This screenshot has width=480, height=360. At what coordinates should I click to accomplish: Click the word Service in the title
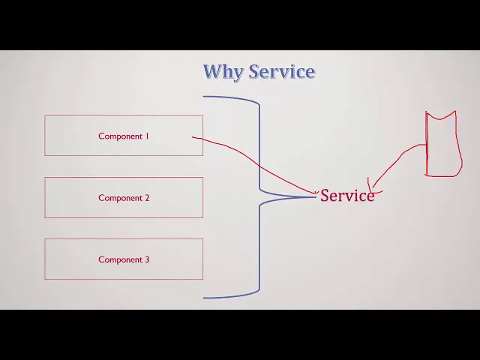click(x=282, y=71)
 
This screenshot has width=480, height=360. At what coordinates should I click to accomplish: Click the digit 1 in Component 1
click(x=147, y=136)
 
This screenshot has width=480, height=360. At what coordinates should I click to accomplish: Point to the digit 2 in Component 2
click(x=147, y=198)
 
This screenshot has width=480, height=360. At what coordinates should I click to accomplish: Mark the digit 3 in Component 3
click(x=147, y=259)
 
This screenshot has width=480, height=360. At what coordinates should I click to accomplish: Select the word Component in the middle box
click(x=120, y=198)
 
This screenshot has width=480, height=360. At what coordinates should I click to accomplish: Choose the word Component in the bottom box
click(x=120, y=260)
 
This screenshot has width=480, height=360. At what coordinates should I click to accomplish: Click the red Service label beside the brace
click(x=347, y=195)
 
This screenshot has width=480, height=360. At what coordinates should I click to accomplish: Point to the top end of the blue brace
click(x=203, y=97)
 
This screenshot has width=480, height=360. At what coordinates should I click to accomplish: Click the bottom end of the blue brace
click(x=203, y=298)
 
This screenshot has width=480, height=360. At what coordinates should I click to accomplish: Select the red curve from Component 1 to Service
click(x=259, y=166)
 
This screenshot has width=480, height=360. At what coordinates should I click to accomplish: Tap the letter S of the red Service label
click(x=325, y=195)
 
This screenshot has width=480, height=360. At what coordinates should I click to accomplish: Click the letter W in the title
click(x=214, y=71)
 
